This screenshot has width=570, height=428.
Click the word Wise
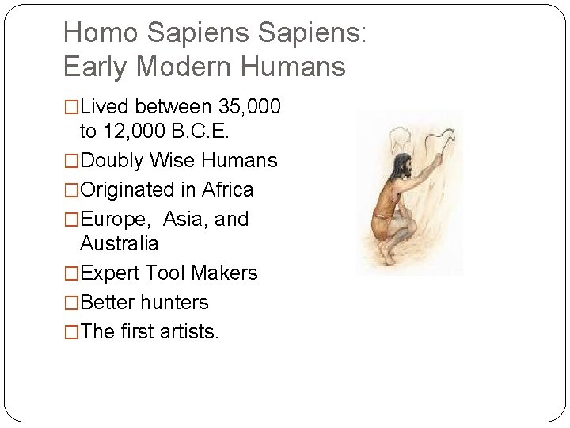coord(175,161)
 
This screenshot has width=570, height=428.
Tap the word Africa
coord(228,190)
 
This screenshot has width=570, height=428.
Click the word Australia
coord(120,243)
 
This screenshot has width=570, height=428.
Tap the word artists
coord(189,331)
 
